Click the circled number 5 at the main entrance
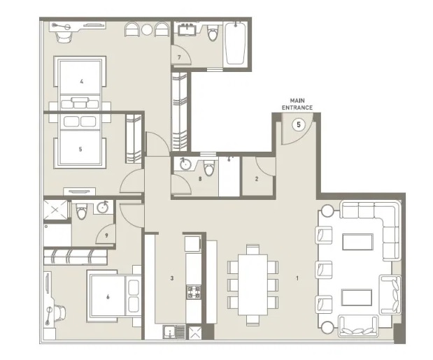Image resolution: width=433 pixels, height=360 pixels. click(x=299, y=126)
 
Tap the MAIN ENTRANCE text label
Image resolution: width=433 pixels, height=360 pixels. click(x=297, y=104)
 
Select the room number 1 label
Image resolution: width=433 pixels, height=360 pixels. click(x=297, y=279)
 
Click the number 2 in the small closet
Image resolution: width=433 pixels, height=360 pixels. click(x=257, y=179)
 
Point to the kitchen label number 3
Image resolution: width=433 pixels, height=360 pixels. click(x=171, y=278)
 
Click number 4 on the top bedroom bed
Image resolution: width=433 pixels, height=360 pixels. click(x=81, y=82)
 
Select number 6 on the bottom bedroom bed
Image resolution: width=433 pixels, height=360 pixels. click(x=108, y=296)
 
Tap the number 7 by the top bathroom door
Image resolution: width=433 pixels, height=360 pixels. click(x=179, y=57)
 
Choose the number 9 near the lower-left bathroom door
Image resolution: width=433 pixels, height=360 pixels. click(x=106, y=236)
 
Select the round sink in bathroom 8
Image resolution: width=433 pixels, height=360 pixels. click(x=185, y=166)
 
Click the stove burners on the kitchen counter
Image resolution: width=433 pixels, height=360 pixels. click(x=193, y=292)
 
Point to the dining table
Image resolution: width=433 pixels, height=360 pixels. click(x=253, y=284)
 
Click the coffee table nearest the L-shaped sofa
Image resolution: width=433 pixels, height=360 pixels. click(x=361, y=241)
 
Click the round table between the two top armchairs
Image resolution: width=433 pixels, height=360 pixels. click(x=147, y=30)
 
